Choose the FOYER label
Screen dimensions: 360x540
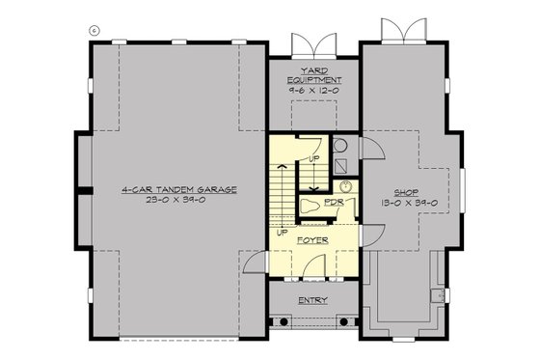pos(311,236)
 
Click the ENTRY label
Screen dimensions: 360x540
pos(311,300)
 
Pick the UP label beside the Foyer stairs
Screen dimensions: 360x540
pos(282,233)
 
